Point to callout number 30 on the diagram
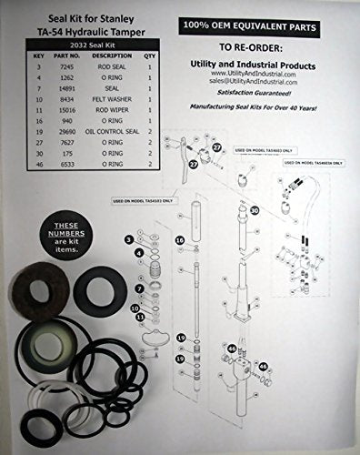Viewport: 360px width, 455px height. pos(255,211)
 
